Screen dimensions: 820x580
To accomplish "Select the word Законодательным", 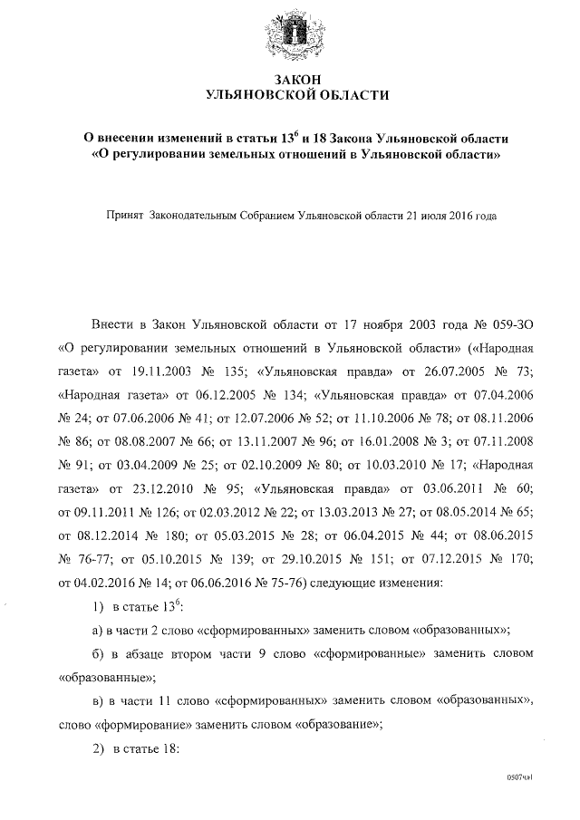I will [x=197, y=217].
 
